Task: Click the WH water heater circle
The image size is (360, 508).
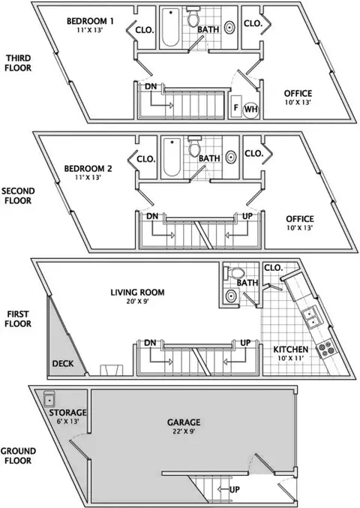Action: (251, 110)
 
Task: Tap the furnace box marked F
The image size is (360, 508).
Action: (236, 107)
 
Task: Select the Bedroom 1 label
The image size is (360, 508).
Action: (90, 21)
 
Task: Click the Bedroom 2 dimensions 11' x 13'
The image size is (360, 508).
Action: (88, 177)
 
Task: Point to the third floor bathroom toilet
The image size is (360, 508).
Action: (193, 18)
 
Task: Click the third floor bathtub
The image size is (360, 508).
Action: (170, 27)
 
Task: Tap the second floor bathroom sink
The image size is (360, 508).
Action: (230, 158)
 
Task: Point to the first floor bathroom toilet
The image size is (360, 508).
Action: (235, 273)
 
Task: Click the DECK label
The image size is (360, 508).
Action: (63, 363)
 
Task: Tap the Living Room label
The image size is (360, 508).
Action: (137, 292)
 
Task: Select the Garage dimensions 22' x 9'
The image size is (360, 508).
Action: (184, 431)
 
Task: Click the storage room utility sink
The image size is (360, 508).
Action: (49, 398)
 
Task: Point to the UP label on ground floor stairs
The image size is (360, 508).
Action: (235, 489)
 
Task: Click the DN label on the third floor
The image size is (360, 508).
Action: (151, 86)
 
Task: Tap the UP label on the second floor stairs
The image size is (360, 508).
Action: (247, 216)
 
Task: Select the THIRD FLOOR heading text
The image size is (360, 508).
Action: (19, 63)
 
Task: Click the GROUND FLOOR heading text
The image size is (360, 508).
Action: (18, 455)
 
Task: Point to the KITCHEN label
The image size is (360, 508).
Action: (291, 350)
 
